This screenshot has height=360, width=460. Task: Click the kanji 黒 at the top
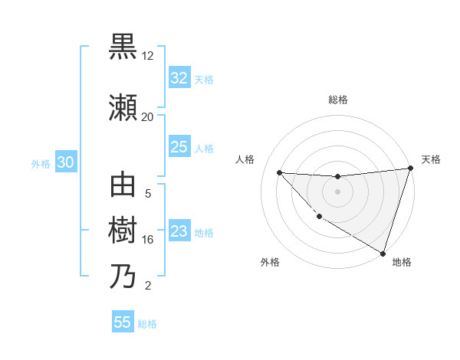point(123,47)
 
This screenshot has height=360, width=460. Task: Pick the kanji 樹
point(123,231)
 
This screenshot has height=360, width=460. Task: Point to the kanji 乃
point(123,277)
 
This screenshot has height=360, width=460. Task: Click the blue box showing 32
point(179,78)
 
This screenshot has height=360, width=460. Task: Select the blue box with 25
point(179,147)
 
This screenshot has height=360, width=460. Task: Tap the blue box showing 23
point(179,231)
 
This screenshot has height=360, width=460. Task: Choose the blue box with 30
point(64,162)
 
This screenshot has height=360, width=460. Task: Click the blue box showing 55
point(123,322)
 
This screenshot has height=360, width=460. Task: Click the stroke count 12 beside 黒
point(148,56)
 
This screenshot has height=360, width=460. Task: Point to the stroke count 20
point(148,116)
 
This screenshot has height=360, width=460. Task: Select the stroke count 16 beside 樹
point(148,240)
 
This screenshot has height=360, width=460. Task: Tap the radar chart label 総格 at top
point(338,100)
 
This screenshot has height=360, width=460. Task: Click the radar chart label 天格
point(432,159)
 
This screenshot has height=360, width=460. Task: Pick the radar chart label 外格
point(270,262)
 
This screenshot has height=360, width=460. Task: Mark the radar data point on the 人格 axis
point(279,172)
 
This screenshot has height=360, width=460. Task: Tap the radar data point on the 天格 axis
point(410,169)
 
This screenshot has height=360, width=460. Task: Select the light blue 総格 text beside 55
point(147,324)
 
